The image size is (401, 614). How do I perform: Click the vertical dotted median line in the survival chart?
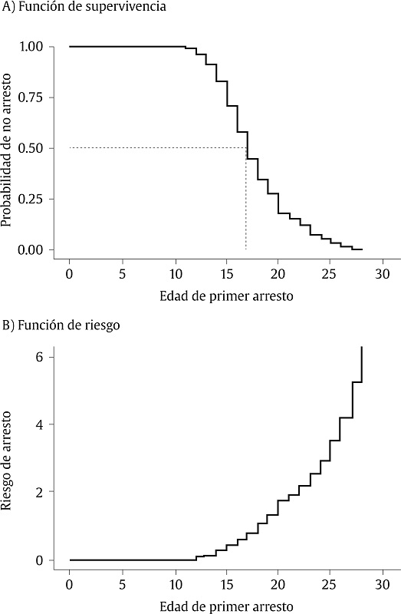click(246, 200)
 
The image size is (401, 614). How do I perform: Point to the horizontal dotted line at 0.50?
click(153, 148)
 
